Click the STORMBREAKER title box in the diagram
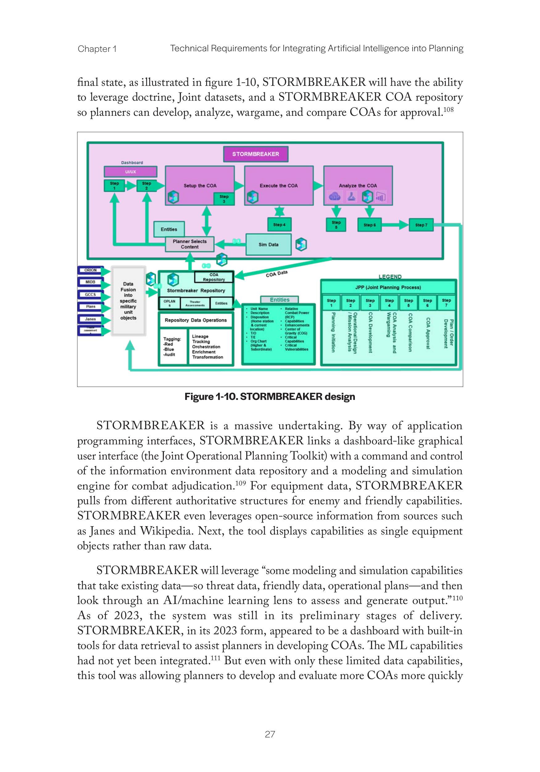(x=255, y=154)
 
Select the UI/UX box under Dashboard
(x=131, y=172)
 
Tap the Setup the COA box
(x=200, y=185)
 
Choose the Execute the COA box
(x=279, y=185)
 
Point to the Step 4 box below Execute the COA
(x=279, y=224)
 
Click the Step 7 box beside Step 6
(x=421, y=225)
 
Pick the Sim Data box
(x=268, y=245)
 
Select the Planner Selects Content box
(x=189, y=244)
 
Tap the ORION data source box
(x=90, y=270)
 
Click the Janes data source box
(x=90, y=319)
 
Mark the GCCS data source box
(x=90, y=295)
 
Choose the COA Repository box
(x=214, y=277)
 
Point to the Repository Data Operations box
(x=196, y=320)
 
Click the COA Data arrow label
(x=276, y=274)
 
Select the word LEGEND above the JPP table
(x=390, y=276)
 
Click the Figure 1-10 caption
(x=270, y=397)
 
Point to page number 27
(x=270, y=735)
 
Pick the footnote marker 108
(x=448, y=110)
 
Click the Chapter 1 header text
(x=97, y=49)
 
